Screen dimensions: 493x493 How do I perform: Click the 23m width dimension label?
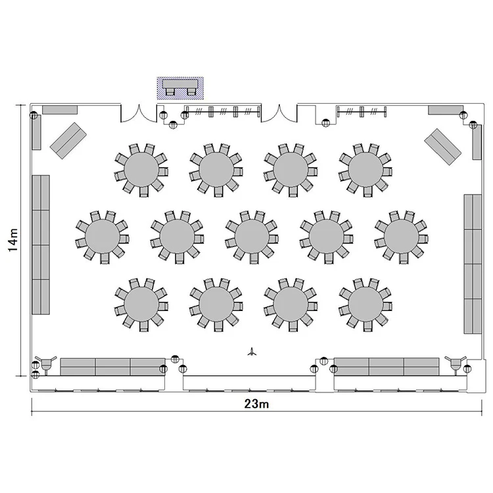tap(256, 404)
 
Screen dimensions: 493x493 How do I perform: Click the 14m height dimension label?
tap(13, 240)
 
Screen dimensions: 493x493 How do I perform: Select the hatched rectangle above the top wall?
tap(181, 88)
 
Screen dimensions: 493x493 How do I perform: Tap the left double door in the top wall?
tap(139, 114)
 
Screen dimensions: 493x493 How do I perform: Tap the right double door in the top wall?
tap(279, 114)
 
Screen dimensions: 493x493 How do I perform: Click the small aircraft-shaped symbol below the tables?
tap(252, 352)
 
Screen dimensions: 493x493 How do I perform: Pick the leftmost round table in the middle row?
tap(103, 236)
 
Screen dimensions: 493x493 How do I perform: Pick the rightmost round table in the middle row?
tap(402, 236)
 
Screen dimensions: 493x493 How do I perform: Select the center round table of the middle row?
tap(252, 236)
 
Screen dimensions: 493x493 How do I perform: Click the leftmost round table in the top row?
tap(141, 170)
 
